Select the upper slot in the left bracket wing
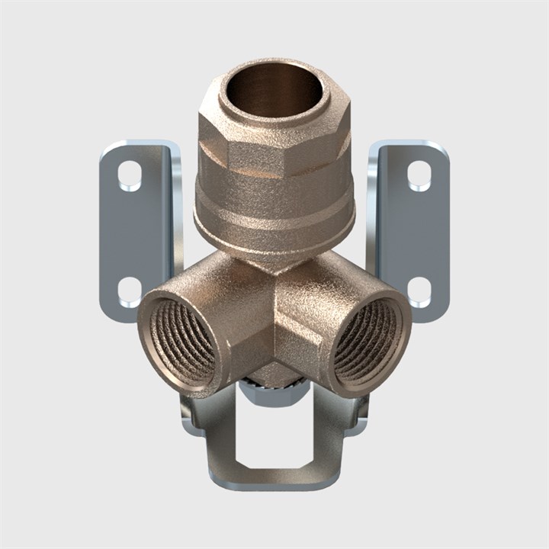click(x=130, y=176)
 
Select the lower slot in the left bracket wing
click(x=130, y=290)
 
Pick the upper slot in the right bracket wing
click(x=419, y=176)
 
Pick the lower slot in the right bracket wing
click(x=419, y=290)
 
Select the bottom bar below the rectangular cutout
click(x=274, y=479)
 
